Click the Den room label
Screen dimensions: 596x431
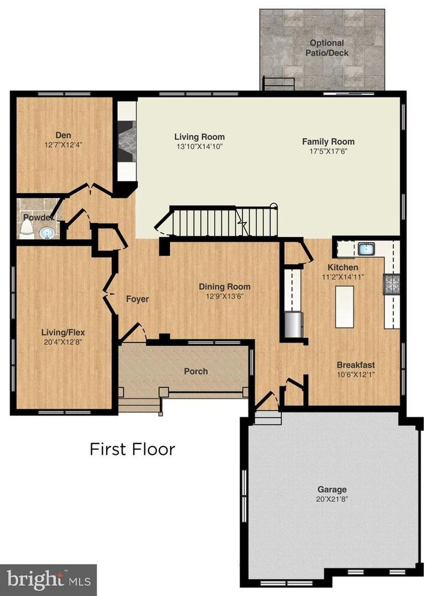[63, 135]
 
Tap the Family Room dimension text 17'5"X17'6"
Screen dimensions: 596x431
[327, 151]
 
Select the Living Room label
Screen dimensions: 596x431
[199, 137]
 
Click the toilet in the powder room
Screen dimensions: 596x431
[27, 228]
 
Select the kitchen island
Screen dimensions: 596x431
[344, 307]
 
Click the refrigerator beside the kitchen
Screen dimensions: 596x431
[293, 325]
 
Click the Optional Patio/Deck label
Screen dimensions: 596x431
[327, 48]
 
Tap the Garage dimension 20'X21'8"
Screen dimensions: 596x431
[332, 499]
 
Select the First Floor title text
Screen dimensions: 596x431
[132, 448]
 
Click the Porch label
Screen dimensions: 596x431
[196, 371]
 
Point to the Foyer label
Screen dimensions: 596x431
[136, 299]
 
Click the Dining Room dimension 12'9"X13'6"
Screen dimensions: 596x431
[224, 296]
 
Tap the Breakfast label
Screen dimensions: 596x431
[356, 365]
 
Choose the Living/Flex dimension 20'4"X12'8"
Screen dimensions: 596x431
[63, 341]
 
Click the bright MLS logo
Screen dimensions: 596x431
[48, 579]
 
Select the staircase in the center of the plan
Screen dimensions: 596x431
[221, 222]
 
